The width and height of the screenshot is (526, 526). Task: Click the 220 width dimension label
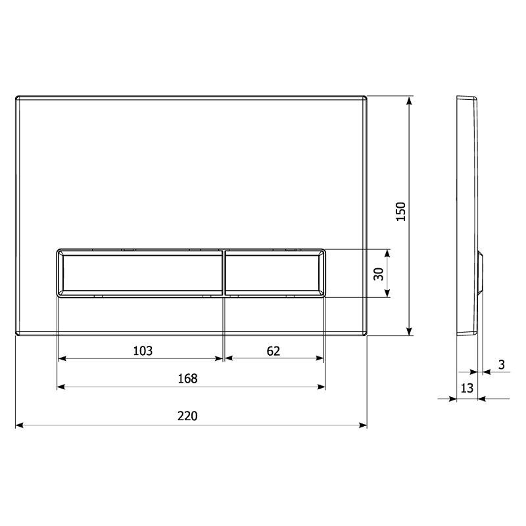pos(187,416)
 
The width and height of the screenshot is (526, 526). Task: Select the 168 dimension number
pos(187,379)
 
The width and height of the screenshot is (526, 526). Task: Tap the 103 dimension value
pos(143,351)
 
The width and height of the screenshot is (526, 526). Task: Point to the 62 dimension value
pos(274,351)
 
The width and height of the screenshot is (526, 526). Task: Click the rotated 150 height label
pos(401,211)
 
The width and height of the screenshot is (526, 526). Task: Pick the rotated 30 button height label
pos(379,274)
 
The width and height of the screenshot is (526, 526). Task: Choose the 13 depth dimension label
pos(467,388)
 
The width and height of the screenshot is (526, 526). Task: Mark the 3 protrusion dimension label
pos(502,365)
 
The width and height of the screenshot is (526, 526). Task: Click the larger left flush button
pos(140,273)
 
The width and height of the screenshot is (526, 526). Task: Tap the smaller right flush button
pos(275,273)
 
